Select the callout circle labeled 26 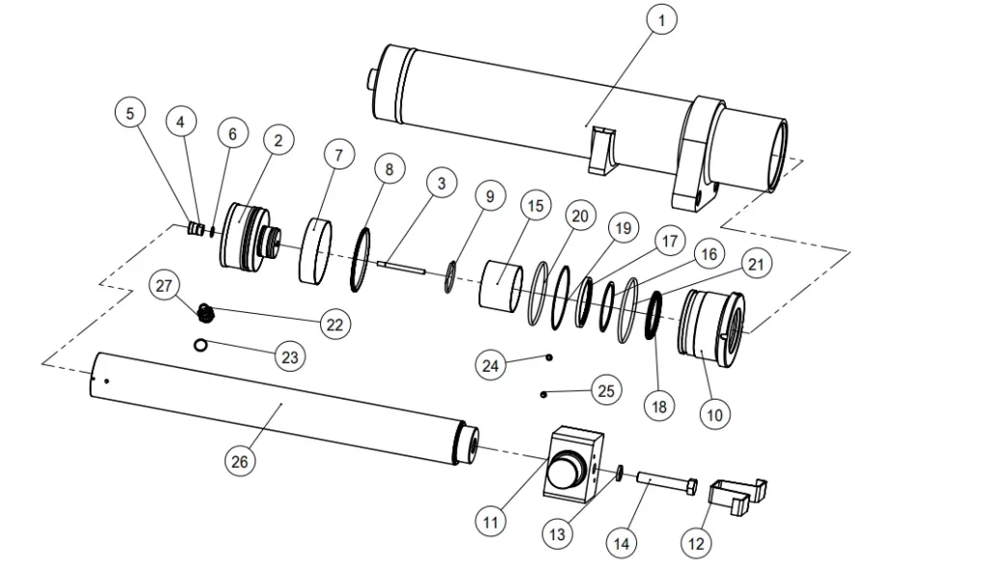click(x=240, y=462)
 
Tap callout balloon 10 click(x=713, y=415)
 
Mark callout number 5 click(x=130, y=113)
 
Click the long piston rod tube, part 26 click(x=280, y=410)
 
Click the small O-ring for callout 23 click(x=200, y=346)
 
